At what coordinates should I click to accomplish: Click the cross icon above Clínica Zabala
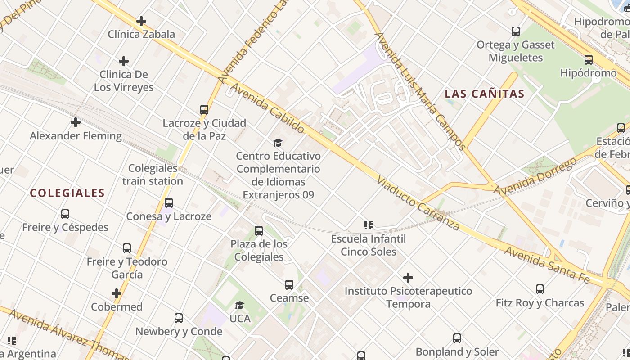coord(141,21)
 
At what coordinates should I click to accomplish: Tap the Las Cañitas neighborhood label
coord(485,94)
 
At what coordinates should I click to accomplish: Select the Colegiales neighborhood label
coord(67,193)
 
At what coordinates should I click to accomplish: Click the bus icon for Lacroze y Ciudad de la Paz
coord(204,110)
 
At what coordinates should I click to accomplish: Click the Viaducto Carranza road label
coord(418,203)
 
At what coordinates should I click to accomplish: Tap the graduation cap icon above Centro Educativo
coord(278,143)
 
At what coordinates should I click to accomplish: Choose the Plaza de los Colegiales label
coord(259,250)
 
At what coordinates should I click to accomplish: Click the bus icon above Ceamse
coord(289,285)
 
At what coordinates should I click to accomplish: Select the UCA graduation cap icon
coord(239,306)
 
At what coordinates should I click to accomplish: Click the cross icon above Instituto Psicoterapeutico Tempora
coord(408,278)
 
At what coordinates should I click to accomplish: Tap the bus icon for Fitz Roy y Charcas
coord(540,289)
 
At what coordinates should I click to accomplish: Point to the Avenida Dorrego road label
coord(535,177)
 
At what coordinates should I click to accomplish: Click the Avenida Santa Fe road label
coord(546,265)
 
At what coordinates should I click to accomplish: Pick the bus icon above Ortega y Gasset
coord(516,31)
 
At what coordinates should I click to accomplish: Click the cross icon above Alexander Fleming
coord(76,122)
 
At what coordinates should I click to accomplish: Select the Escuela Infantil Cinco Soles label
coord(369,245)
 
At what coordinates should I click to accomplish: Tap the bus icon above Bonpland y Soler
coord(457,338)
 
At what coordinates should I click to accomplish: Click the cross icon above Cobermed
coord(117,294)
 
